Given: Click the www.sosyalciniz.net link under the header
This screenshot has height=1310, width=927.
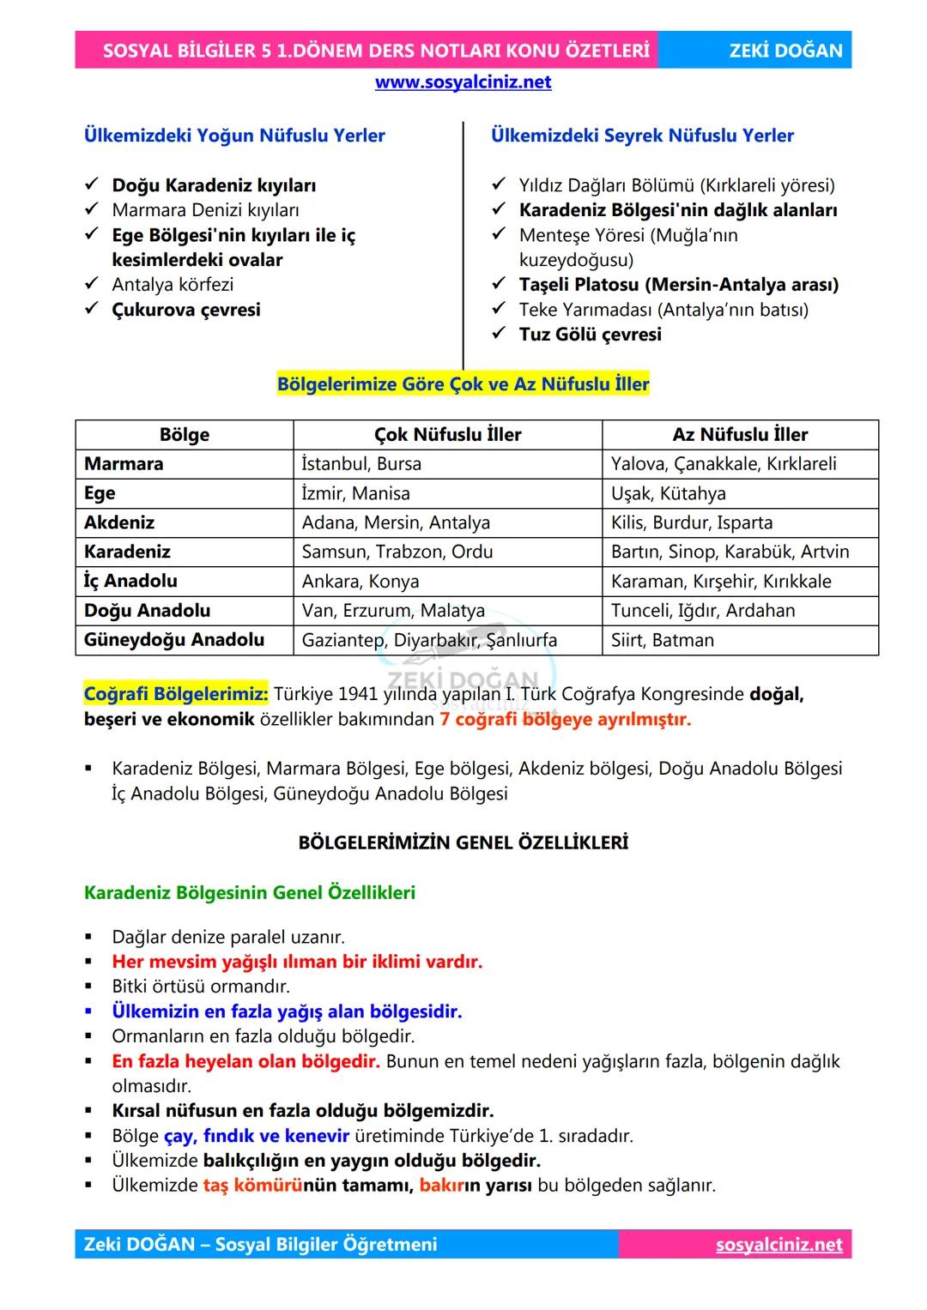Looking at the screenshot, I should tap(463, 82).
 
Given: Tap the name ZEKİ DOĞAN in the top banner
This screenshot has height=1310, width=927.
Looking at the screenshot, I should tap(785, 51).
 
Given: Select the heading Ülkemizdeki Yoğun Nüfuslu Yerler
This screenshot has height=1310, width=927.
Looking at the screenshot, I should tap(234, 136).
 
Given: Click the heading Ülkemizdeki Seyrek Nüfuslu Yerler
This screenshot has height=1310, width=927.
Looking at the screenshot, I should tap(642, 136).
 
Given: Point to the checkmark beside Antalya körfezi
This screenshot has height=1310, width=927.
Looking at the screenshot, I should tap(92, 284).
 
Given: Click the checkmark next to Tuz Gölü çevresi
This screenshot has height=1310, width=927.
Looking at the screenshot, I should tap(499, 334).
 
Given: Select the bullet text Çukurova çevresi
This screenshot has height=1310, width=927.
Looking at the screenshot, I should tap(186, 310).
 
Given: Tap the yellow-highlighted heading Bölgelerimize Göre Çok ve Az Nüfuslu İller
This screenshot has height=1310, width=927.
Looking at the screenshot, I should tap(463, 384).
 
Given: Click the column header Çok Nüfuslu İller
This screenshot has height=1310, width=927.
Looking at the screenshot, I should tap(447, 435).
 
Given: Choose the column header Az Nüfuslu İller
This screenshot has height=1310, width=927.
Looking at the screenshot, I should tap(740, 435).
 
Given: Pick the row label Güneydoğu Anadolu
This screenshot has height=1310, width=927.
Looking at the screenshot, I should tap(174, 640).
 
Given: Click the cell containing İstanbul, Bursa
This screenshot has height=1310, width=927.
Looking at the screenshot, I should tap(361, 464).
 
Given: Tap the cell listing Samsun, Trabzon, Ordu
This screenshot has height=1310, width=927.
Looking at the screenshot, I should tap(397, 552).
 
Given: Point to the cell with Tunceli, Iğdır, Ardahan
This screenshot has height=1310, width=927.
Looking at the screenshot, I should tap(703, 611).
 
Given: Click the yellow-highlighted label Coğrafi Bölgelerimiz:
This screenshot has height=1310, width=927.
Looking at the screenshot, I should tap(176, 694).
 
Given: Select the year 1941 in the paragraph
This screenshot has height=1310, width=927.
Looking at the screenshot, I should tap(359, 694).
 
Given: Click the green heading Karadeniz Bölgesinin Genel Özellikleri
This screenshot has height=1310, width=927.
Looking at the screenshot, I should tap(250, 893).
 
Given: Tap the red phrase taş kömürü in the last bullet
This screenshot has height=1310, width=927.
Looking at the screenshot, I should tap(252, 1186).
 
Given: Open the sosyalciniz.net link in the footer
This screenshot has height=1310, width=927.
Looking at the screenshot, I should tap(779, 1245).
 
